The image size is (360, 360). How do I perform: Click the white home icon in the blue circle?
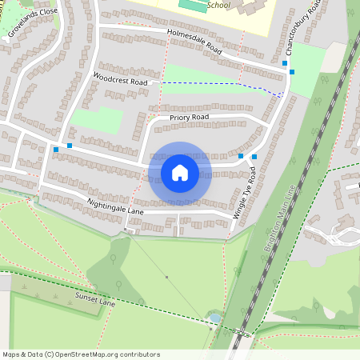pyautogui.click(x=180, y=173)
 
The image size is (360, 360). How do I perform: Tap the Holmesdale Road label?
pyautogui.click(x=194, y=41)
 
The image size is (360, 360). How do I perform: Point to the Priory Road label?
pyautogui.click(x=189, y=117)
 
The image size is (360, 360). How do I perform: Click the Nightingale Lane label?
pyautogui.click(x=114, y=206)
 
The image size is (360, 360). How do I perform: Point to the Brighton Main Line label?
pyautogui.click(x=280, y=218)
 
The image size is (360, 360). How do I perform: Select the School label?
pyautogui.click(x=218, y=5)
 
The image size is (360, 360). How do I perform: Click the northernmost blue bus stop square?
pyautogui.click(x=285, y=62)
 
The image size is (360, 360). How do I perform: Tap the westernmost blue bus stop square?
pyautogui.click(x=56, y=150)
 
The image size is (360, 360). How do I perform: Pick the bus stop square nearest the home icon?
pyautogui.click(x=241, y=155)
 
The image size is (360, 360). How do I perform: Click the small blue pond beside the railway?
pyautogui.click(x=214, y=318)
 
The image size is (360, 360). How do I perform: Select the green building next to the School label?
pyautogui.click(x=190, y=5)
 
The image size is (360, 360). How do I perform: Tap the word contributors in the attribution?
pyautogui.click(x=141, y=354)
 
